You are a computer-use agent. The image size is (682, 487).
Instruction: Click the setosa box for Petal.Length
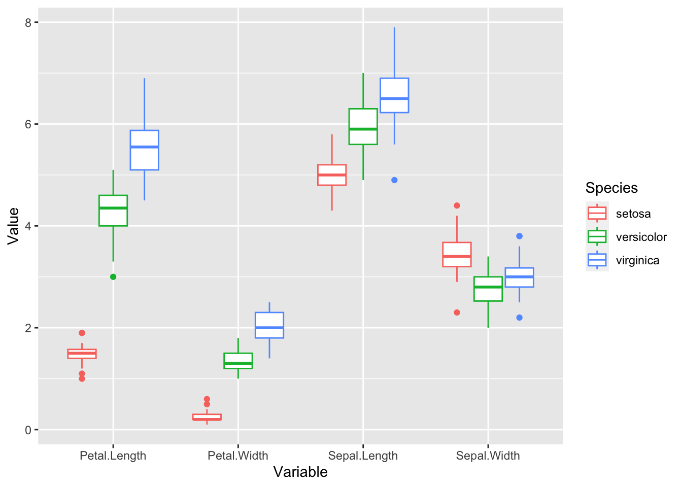(82, 354)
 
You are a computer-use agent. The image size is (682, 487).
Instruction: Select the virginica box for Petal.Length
(144, 150)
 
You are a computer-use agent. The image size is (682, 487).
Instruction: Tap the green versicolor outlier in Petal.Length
(113, 276)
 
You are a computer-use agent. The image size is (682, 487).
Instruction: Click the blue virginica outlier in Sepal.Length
(394, 180)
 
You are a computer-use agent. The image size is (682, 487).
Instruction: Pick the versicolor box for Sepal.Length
(363, 127)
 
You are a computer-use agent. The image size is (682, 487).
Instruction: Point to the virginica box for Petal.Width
(269, 325)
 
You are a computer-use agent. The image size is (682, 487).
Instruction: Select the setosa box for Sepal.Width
(457, 254)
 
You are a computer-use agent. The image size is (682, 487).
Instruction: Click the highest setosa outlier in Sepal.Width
(457, 205)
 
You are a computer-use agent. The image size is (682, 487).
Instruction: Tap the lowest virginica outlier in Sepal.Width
(519, 318)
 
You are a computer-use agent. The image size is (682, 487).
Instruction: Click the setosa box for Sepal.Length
(332, 175)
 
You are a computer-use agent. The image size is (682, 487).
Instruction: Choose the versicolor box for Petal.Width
(238, 361)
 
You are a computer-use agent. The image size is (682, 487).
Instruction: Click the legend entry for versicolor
(641, 237)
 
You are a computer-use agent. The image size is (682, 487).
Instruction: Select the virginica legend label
(637, 260)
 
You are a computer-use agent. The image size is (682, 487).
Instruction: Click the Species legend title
(611, 188)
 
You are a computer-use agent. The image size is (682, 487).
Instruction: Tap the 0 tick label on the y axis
(28, 430)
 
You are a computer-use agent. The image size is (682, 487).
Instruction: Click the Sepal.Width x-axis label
(488, 456)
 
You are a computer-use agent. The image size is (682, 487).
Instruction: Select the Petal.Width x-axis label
(238, 456)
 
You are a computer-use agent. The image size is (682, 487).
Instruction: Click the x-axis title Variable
(300, 472)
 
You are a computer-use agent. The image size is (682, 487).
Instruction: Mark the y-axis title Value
(13, 226)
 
